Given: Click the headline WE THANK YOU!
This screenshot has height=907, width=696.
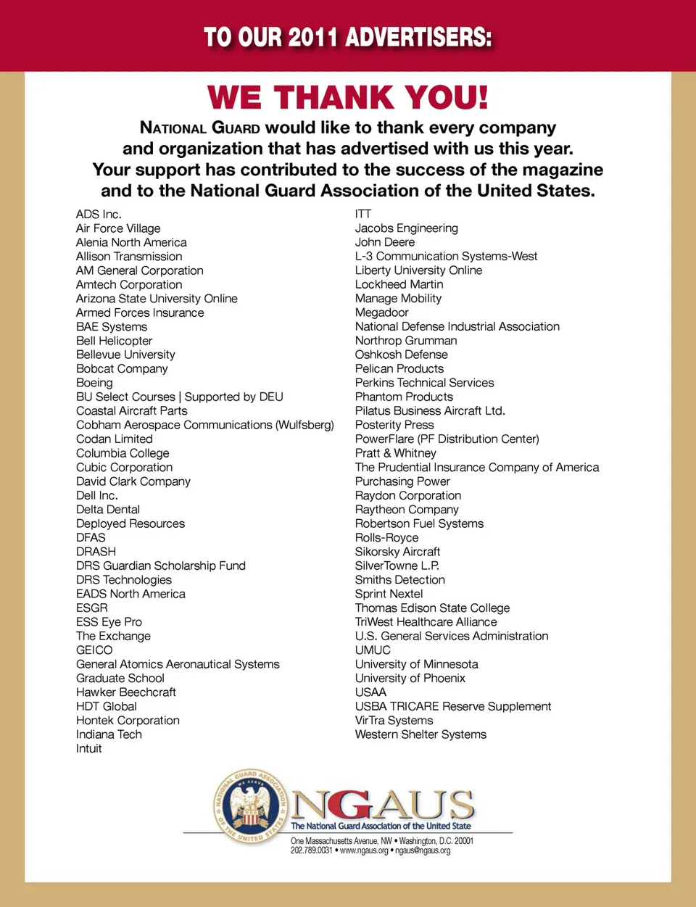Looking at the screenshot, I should (x=348, y=98).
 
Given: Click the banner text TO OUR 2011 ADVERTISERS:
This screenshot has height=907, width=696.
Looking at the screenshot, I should (x=348, y=37).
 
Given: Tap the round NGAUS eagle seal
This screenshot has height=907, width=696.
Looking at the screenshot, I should (x=251, y=807).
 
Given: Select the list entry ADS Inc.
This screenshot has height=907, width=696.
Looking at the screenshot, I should (x=99, y=215).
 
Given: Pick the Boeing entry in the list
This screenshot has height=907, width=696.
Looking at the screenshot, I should (x=94, y=383).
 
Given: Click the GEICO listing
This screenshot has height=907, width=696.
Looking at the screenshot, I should (x=94, y=650).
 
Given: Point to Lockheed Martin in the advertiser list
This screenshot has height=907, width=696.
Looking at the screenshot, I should (x=399, y=284).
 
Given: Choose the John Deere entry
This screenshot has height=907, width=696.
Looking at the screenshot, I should (x=385, y=242).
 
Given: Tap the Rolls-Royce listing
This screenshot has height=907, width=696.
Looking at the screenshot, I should (x=386, y=538).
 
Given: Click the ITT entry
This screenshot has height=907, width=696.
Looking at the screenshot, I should (x=363, y=214).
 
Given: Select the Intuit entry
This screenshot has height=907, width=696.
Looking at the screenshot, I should (x=88, y=749).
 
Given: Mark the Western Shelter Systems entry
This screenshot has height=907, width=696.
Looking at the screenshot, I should (x=420, y=734).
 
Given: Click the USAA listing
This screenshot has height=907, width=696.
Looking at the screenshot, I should (x=370, y=692).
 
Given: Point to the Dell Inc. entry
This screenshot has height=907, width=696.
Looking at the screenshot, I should (x=96, y=496).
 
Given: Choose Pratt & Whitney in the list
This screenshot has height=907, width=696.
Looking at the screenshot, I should (x=395, y=453).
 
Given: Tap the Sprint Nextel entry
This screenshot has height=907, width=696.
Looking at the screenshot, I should (x=389, y=594).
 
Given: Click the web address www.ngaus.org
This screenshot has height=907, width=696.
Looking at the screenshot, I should (x=364, y=850).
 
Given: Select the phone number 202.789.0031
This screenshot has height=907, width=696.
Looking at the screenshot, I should (x=311, y=850).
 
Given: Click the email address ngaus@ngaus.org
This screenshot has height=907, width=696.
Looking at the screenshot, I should (x=423, y=850).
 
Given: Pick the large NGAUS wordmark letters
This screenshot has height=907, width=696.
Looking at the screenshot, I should (x=383, y=804).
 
